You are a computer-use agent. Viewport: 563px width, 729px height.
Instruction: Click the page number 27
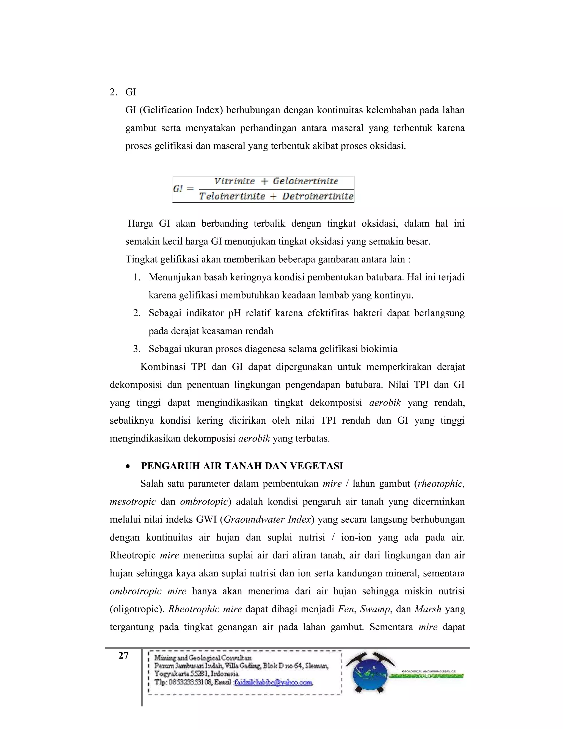pyautogui.click(x=123, y=656)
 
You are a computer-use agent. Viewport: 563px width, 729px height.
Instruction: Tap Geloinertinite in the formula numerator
pyautogui.click(x=305, y=182)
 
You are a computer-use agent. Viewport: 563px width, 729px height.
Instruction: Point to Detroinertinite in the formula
pyautogui.click(x=318, y=196)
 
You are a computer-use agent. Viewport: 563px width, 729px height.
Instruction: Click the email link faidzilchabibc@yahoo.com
pyautogui.click(x=273, y=683)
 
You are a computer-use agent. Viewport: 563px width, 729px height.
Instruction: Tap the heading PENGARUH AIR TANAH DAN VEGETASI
pyautogui.click(x=242, y=466)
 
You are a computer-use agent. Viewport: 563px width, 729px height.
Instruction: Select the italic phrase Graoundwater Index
pyautogui.click(x=267, y=520)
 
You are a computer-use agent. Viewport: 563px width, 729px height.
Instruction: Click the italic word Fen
pyautogui.click(x=346, y=609)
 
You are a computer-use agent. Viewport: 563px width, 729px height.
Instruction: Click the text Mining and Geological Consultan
pyautogui.click(x=203, y=658)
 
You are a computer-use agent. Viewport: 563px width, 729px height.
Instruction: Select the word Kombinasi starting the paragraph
pyautogui.click(x=163, y=367)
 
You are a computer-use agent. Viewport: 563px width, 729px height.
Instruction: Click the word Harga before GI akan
pyautogui.click(x=140, y=223)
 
